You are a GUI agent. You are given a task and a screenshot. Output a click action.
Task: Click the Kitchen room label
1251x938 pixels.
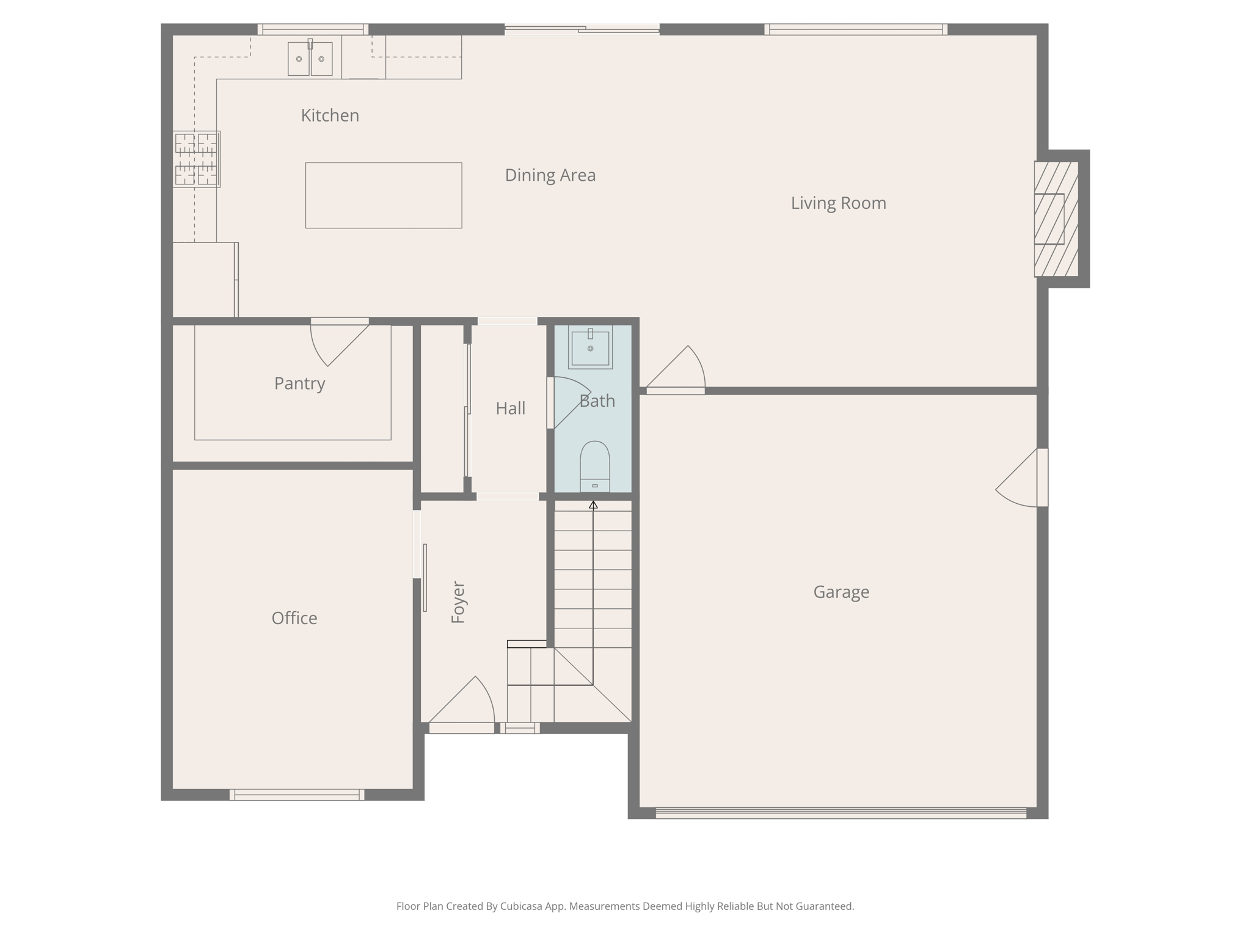pyautogui.click(x=330, y=115)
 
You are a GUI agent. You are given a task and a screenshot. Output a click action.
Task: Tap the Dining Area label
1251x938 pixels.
pyautogui.click(x=550, y=175)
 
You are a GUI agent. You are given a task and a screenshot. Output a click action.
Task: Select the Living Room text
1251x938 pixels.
pyautogui.click(x=838, y=203)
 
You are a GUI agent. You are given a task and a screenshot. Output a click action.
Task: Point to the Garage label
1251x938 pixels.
pyautogui.click(x=841, y=592)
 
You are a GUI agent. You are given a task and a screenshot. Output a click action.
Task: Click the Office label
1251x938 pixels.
pyautogui.click(x=294, y=618)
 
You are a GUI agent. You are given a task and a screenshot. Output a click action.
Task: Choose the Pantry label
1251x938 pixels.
pyautogui.click(x=299, y=384)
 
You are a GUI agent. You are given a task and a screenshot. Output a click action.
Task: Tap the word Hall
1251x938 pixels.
pyautogui.click(x=510, y=408)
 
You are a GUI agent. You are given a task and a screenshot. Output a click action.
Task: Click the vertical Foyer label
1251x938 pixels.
pyautogui.click(x=458, y=602)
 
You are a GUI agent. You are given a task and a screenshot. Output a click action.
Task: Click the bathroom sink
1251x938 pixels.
pyautogui.click(x=590, y=347)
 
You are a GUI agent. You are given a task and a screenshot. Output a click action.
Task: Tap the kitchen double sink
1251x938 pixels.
pyautogui.click(x=310, y=59)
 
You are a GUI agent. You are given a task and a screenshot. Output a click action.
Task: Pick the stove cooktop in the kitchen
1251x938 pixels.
pyautogui.click(x=196, y=159)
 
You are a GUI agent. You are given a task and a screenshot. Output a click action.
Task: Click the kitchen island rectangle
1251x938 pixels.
pyautogui.click(x=384, y=195)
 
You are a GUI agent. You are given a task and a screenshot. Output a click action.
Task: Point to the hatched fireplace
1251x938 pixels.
pyautogui.click(x=1056, y=219)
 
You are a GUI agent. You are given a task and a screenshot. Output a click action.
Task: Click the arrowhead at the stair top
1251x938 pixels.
pyautogui.click(x=593, y=504)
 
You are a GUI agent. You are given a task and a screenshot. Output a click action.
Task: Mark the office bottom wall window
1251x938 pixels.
pyautogui.click(x=297, y=794)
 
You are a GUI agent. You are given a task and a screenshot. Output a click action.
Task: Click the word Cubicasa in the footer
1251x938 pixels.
pyautogui.click(x=522, y=906)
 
